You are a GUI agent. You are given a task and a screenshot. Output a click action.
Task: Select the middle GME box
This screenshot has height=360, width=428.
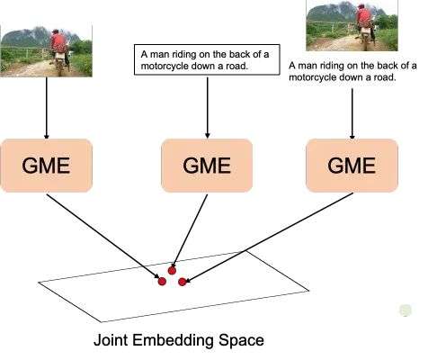click(x=206, y=165)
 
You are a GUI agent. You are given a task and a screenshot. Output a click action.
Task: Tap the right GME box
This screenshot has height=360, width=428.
click(x=351, y=165)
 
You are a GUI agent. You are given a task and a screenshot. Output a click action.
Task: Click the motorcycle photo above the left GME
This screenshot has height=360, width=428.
click(x=47, y=50)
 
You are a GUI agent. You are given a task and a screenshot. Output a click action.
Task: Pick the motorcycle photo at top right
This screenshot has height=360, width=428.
click(x=351, y=24)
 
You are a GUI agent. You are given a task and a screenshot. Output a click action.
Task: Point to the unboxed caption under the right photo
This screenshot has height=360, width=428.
click(x=353, y=72)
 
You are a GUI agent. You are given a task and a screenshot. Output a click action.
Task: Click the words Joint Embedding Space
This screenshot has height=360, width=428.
click(x=178, y=342)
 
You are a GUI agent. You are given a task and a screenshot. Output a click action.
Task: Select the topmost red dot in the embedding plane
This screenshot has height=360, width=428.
click(x=172, y=270)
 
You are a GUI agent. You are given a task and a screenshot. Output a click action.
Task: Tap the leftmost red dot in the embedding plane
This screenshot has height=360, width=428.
click(x=162, y=282)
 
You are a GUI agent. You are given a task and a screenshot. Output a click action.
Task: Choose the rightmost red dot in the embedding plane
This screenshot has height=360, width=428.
click(x=183, y=282)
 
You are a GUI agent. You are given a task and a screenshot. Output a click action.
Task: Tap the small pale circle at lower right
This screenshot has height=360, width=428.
click(x=406, y=310)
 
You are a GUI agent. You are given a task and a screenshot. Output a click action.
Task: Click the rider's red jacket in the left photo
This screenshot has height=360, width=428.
click(x=59, y=42)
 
